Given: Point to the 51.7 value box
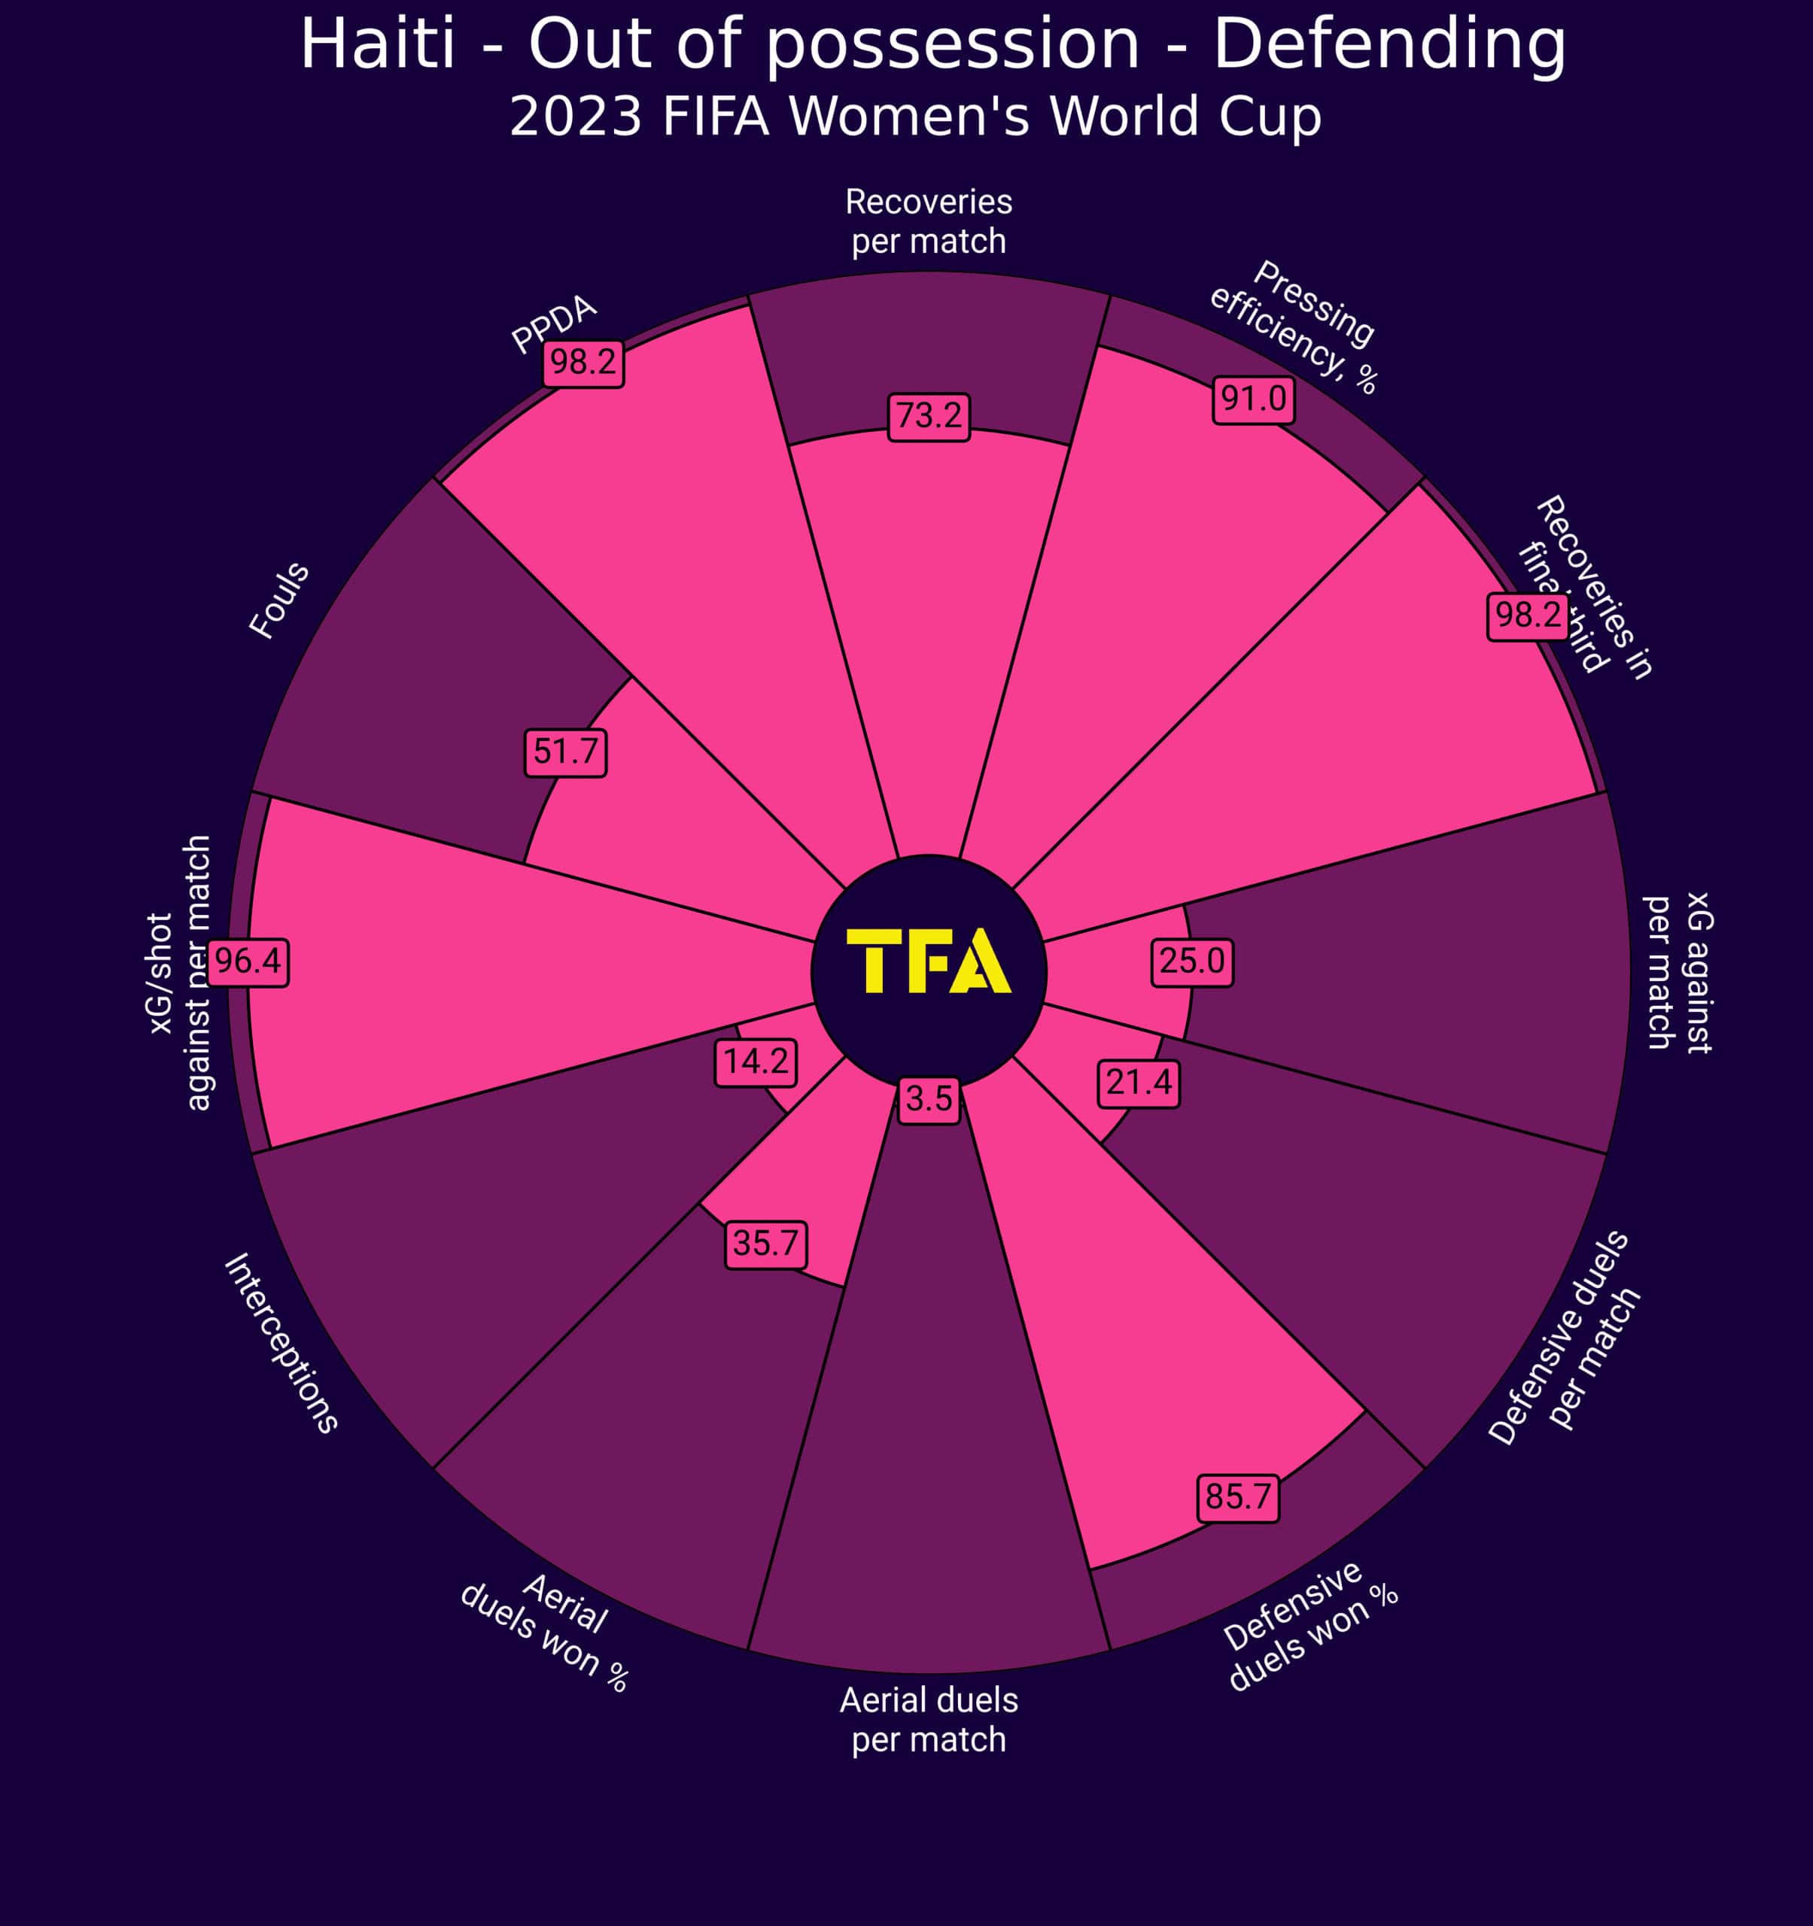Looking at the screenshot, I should [566, 752].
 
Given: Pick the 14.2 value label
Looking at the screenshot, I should [756, 1062].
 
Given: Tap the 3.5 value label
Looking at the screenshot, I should [928, 1100].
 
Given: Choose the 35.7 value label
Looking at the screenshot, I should [765, 1244].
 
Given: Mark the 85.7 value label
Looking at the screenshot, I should [1237, 1498].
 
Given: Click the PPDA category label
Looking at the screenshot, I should [554, 324].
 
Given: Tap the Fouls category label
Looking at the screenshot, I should [279, 600].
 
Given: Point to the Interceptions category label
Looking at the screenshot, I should [281, 1343].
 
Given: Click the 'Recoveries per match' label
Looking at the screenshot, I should [928, 221].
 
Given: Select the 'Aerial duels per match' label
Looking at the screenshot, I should [928, 1720].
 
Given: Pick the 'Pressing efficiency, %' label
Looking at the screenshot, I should [1293, 327].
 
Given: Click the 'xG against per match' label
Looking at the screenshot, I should [1679, 972].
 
